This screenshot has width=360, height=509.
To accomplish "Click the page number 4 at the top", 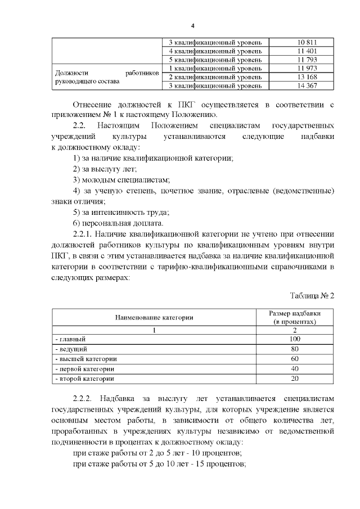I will (192, 26).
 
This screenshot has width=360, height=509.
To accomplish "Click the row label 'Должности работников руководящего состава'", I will (106, 77).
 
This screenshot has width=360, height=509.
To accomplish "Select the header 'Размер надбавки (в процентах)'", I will (295, 317).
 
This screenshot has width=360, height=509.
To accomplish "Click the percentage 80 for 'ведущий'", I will (295, 349).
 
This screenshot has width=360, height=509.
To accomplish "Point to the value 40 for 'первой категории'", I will (295, 369).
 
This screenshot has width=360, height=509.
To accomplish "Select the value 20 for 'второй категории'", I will (295, 379).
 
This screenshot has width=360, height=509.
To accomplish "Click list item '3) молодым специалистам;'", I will (121, 179).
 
